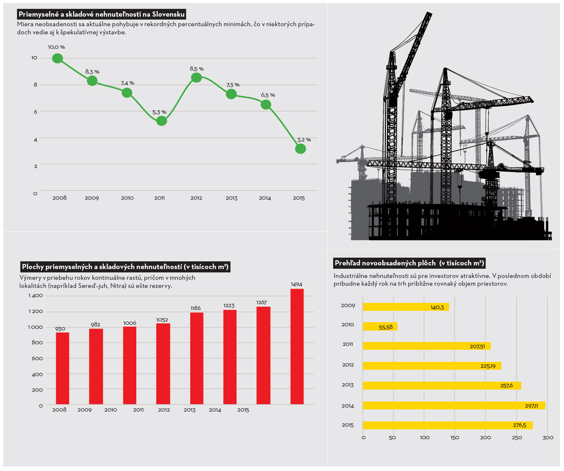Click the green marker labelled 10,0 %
coord(57,58)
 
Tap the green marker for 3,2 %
coord(300,149)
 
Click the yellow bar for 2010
coord(380,326)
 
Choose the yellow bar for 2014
coord(454,405)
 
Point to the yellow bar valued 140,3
coord(406,307)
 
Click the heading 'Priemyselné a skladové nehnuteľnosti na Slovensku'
coord(102,14)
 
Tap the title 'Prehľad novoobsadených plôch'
coord(409,263)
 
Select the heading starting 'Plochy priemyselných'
coord(125,267)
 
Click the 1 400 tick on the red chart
coord(35,296)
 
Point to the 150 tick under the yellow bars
coord(455,438)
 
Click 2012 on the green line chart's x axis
coord(196,198)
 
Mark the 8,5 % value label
coord(196,69)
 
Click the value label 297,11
coord(531,406)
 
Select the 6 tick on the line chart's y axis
coord(35,112)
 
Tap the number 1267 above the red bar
coord(262,303)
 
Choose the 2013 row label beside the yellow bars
coord(348,385)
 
